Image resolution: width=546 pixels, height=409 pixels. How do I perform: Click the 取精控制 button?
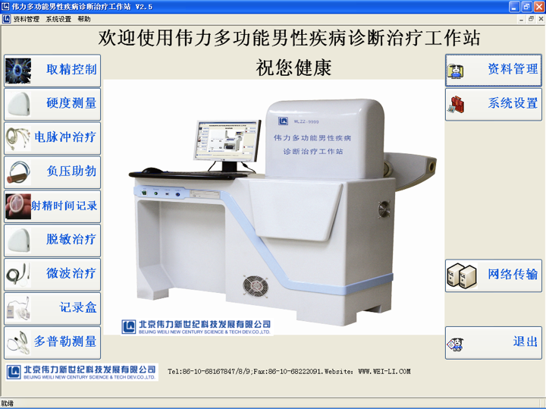point(52,70)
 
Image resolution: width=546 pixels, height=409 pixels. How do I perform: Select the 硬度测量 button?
point(52,104)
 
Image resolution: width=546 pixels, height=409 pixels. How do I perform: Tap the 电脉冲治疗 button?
point(52,138)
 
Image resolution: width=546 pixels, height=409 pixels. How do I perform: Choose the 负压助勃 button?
point(52,172)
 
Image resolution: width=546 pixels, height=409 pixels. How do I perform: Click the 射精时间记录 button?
point(52,206)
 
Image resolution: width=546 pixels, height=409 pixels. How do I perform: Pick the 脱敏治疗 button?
point(52,240)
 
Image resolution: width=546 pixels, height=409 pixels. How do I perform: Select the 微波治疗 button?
point(52,274)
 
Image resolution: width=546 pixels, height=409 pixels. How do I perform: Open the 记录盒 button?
point(52,308)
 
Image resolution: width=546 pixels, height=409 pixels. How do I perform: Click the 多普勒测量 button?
point(52,342)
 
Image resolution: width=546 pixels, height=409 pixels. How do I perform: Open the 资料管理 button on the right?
point(493,70)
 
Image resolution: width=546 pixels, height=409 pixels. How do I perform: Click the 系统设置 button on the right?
point(493,104)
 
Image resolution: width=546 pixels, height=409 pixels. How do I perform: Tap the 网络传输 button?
point(493,275)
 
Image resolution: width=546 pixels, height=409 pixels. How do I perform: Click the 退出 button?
point(493,342)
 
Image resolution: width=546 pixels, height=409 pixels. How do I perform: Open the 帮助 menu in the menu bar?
point(83,19)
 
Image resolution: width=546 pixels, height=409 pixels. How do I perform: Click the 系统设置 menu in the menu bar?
point(58,19)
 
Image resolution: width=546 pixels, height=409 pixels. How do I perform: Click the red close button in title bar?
point(538,6)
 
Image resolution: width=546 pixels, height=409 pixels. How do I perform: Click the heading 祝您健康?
point(294,68)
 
